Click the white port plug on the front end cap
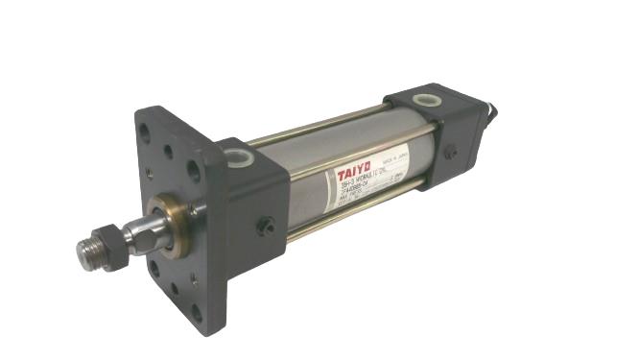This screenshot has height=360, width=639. pyautogui.click(x=239, y=156)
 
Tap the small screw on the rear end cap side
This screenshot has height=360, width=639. pyautogui.click(x=449, y=152)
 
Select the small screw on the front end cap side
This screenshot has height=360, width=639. pyautogui.click(x=266, y=227)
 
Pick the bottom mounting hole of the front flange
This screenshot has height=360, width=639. pyautogui.click(x=197, y=311)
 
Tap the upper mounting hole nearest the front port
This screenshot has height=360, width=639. pyautogui.click(x=193, y=174)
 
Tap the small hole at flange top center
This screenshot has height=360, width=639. pyautogui.click(x=168, y=152)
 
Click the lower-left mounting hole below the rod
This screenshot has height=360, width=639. pyautogui.click(x=154, y=268)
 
